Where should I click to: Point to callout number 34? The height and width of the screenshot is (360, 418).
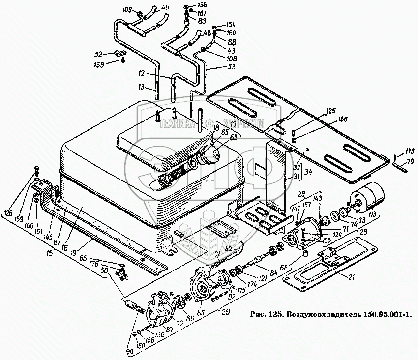[x=307, y=172]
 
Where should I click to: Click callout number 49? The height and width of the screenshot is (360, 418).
[x=165, y=8]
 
